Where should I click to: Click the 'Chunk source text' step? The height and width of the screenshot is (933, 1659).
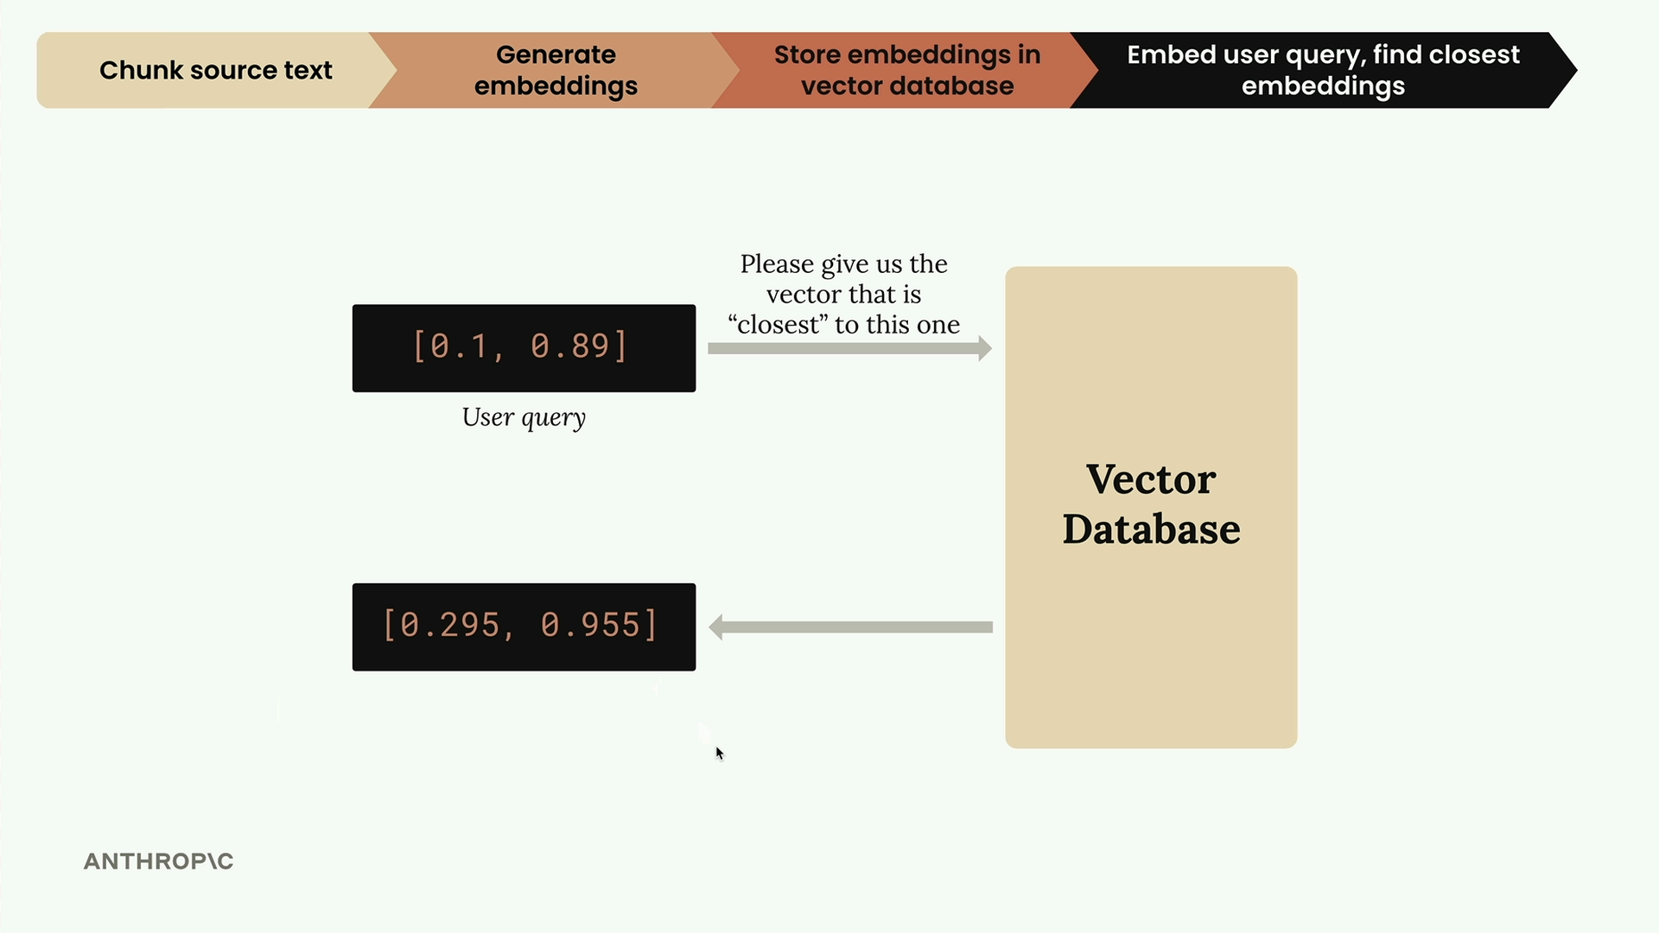tap(207, 70)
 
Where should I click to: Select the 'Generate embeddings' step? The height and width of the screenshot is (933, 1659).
tap(556, 70)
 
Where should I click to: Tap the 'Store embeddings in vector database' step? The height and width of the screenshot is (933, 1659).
tap(906, 70)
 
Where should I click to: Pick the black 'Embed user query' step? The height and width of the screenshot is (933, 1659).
tap(1323, 70)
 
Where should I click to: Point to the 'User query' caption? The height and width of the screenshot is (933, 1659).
tap(524, 418)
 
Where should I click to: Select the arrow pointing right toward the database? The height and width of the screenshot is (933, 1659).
tap(849, 348)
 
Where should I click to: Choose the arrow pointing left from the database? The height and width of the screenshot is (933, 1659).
tap(850, 627)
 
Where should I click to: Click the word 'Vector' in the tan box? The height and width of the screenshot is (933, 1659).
tap(1151, 479)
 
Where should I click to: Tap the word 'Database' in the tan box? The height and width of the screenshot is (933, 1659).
tap(1151, 529)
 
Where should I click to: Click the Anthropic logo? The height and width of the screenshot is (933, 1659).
tap(159, 861)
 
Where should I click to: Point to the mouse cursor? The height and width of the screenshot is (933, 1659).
tap(720, 753)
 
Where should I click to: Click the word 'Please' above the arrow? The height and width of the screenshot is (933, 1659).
tap(778, 264)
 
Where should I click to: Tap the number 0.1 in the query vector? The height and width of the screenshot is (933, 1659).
tap(460, 346)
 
